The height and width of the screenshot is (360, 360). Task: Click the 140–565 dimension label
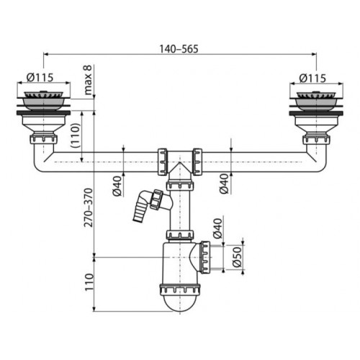pos(179,49)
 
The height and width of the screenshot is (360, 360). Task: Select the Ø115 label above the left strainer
pos(40,77)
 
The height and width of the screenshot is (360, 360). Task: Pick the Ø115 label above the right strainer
pos(312,78)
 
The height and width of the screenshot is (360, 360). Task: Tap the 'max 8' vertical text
pos(88,80)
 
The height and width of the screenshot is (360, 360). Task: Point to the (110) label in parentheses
pos(75,135)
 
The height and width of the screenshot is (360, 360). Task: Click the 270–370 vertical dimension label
pos(89,207)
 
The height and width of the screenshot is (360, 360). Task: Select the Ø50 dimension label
pos(237,257)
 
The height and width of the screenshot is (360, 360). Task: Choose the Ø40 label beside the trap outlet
pos(218,228)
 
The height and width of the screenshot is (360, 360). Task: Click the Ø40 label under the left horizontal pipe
pos(117,186)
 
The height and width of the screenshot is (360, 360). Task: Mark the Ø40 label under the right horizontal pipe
pos(224,184)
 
